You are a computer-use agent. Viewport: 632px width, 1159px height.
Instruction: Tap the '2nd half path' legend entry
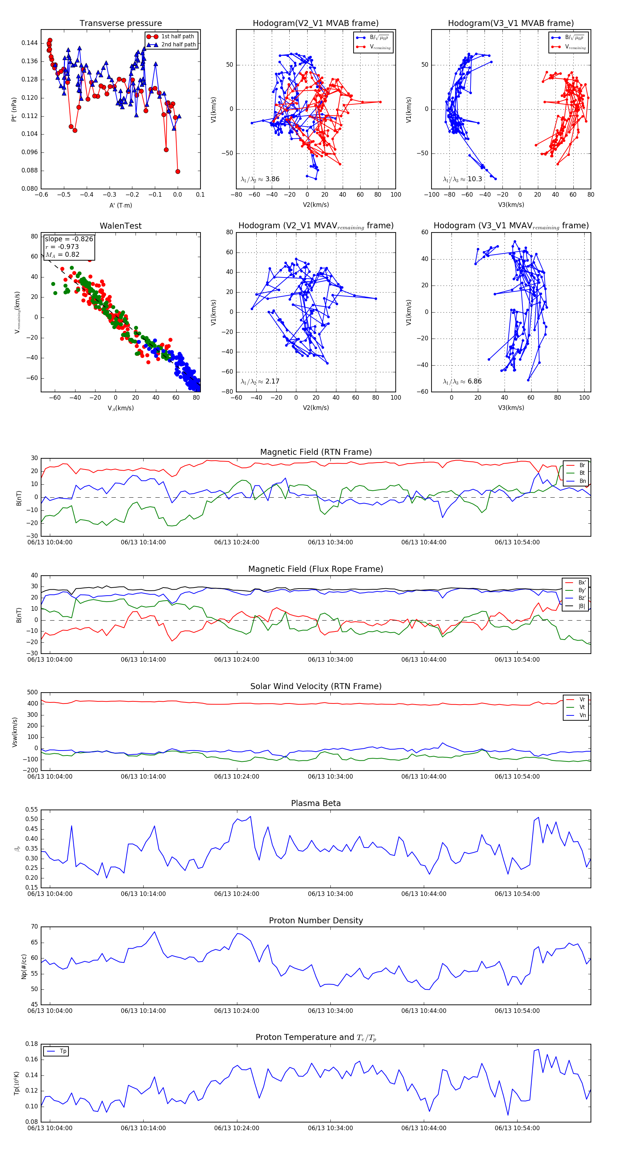[178, 45]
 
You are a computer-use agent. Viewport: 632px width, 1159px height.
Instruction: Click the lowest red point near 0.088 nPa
[178, 171]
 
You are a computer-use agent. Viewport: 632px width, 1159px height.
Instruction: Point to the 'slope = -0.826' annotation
[69, 239]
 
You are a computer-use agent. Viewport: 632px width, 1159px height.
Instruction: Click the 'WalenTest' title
[120, 226]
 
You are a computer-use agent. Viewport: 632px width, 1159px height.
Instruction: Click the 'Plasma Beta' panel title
[316, 803]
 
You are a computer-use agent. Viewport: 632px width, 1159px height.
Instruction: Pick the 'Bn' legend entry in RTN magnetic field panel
[582, 481]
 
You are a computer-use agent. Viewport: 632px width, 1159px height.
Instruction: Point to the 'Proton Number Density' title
[316, 921]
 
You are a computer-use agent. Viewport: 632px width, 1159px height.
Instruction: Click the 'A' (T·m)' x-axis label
[120, 205]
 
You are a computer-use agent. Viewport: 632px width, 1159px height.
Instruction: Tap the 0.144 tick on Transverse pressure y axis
[30, 43]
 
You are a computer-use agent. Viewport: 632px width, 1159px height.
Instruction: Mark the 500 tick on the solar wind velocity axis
[32, 693]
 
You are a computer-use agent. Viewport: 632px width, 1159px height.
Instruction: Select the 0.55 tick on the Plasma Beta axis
[32, 810]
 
